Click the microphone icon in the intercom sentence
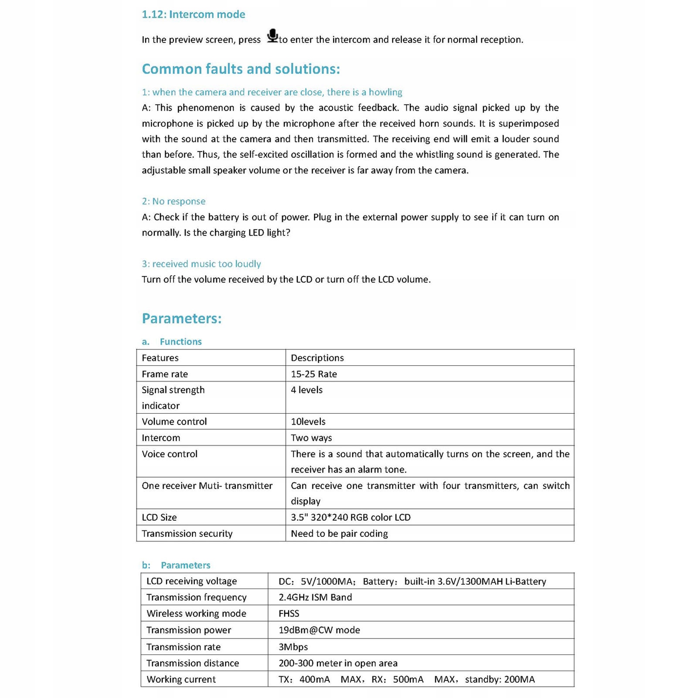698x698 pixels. point(272,36)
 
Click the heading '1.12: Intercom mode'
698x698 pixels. point(193,14)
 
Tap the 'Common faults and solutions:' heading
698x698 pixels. point(241,69)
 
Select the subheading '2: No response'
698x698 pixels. point(174,201)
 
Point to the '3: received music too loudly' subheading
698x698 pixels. point(201,264)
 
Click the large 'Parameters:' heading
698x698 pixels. point(181,318)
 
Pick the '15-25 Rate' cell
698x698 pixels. point(314,374)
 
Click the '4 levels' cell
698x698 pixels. point(306,390)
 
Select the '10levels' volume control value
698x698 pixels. point(308,422)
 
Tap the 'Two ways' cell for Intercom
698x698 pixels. point(311,438)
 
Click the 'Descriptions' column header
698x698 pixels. point(317,358)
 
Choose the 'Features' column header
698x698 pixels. point(160,358)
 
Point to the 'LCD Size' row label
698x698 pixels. point(159,518)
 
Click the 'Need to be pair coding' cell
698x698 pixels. point(339,534)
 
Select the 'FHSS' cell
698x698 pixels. point(289,614)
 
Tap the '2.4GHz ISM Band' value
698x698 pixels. point(315,597)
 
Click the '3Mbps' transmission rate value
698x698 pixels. point(293,647)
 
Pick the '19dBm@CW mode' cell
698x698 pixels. point(319,630)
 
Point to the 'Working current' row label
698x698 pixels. point(181,680)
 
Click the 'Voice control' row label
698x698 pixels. point(169,454)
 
